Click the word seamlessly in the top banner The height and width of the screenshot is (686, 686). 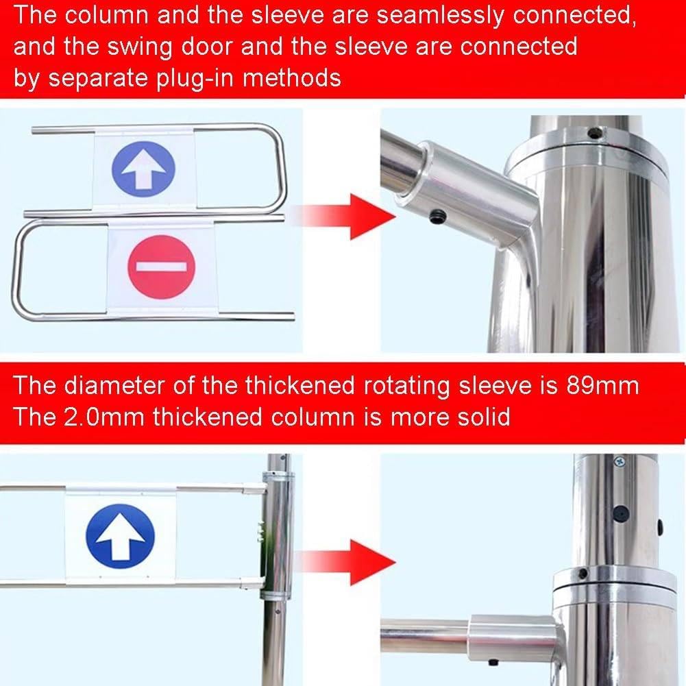tap(441, 16)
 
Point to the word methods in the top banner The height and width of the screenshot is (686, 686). tap(291, 79)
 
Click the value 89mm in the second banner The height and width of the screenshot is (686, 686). tap(602, 385)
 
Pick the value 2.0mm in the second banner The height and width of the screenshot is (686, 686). tap(104, 417)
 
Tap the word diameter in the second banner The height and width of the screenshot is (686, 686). tap(116, 385)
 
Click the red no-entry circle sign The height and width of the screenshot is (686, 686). tap(162, 267)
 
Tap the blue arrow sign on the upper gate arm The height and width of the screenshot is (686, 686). tap(143, 169)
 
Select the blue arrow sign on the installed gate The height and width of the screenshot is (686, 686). tap(121, 537)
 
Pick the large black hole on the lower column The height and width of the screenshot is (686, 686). tap(620, 513)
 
